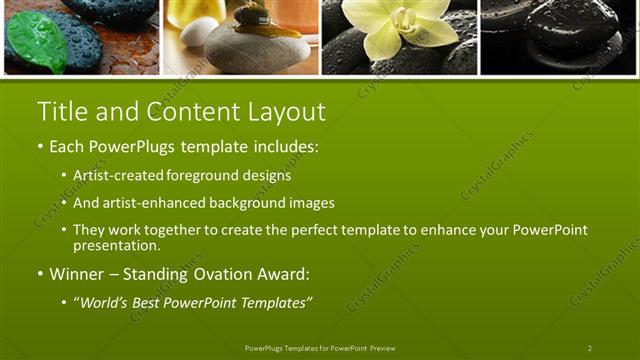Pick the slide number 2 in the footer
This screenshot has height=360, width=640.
tap(589, 348)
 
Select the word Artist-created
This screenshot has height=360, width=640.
tap(115, 175)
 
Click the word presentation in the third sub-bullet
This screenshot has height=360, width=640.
tap(116, 245)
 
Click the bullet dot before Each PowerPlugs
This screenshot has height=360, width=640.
tap(40, 147)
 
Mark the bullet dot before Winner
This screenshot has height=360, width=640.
tap(40, 273)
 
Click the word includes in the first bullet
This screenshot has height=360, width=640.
tap(286, 147)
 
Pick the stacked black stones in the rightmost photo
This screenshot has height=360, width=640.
tap(560, 35)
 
